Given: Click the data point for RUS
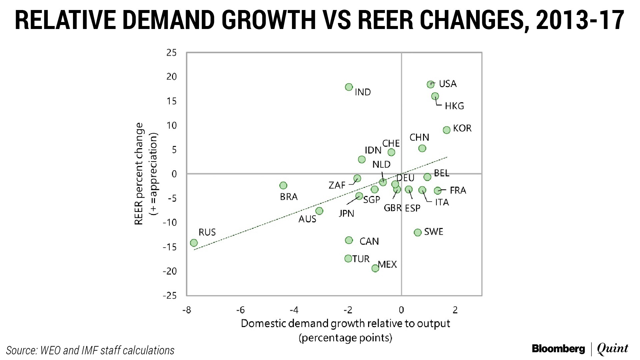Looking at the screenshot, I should (194, 243).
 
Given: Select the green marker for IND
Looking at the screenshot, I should (349, 87).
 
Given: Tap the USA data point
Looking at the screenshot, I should (431, 84).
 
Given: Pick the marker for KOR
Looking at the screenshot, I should (447, 130).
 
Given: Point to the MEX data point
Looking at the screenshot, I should (375, 268).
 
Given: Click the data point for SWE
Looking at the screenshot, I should (418, 232).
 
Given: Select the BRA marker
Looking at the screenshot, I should (283, 185).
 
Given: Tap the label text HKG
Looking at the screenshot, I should (454, 106).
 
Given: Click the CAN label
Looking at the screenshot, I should (369, 241).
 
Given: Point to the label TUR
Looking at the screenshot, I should (361, 259).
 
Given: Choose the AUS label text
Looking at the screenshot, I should (307, 219).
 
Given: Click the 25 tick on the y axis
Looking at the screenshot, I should (172, 53).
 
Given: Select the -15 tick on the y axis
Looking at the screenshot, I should (170, 247).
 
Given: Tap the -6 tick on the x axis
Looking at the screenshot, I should (240, 310).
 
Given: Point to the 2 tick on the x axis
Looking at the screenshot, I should (455, 310).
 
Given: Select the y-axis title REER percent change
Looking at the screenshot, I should (139, 174).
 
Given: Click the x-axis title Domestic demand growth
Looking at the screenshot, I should (345, 324).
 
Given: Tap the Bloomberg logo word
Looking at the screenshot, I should (558, 349).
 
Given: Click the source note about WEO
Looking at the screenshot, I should (90, 350).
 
